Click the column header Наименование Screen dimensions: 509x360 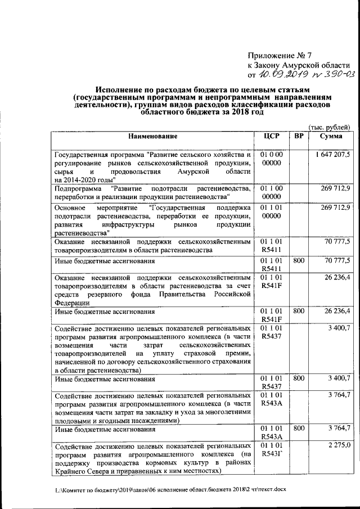point(152,137)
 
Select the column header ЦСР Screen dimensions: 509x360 point(271,137)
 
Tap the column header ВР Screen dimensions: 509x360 point(299,137)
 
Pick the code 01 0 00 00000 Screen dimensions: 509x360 point(271,159)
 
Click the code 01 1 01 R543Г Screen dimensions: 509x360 point(271,450)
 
